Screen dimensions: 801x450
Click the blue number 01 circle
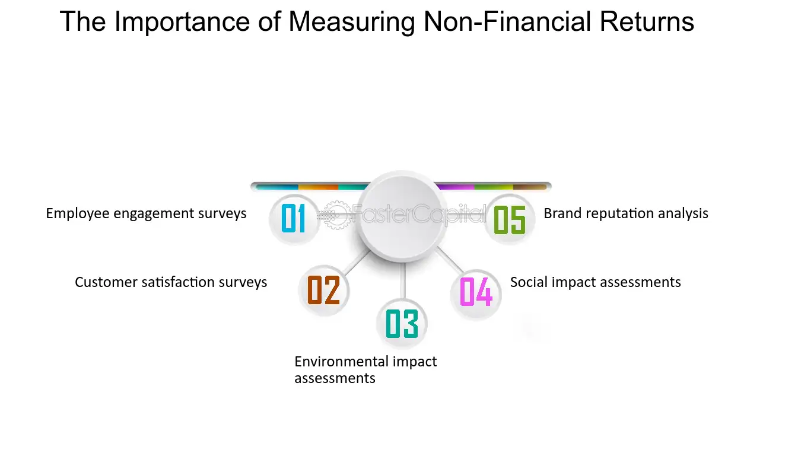coord(294,219)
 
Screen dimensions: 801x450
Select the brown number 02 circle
coord(323,291)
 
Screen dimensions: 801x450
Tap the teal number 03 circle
coord(402,324)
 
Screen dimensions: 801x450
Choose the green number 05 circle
coord(510,219)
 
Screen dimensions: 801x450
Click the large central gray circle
coord(402,216)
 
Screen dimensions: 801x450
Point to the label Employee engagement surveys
coord(146,214)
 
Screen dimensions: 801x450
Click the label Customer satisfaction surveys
coord(171,282)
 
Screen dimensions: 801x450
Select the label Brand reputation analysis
coord(626,214)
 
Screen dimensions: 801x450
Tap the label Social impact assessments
coord(595,282)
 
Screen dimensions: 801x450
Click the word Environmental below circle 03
coord(342,362)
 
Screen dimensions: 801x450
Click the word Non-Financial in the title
coord(508,21)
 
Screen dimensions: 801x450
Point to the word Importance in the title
coord(182,22)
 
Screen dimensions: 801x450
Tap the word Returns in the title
coord(647,21)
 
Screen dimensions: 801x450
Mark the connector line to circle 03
coord(403,280)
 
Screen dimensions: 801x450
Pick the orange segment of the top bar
coord(318,187)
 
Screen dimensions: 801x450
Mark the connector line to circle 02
coord(357,262)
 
